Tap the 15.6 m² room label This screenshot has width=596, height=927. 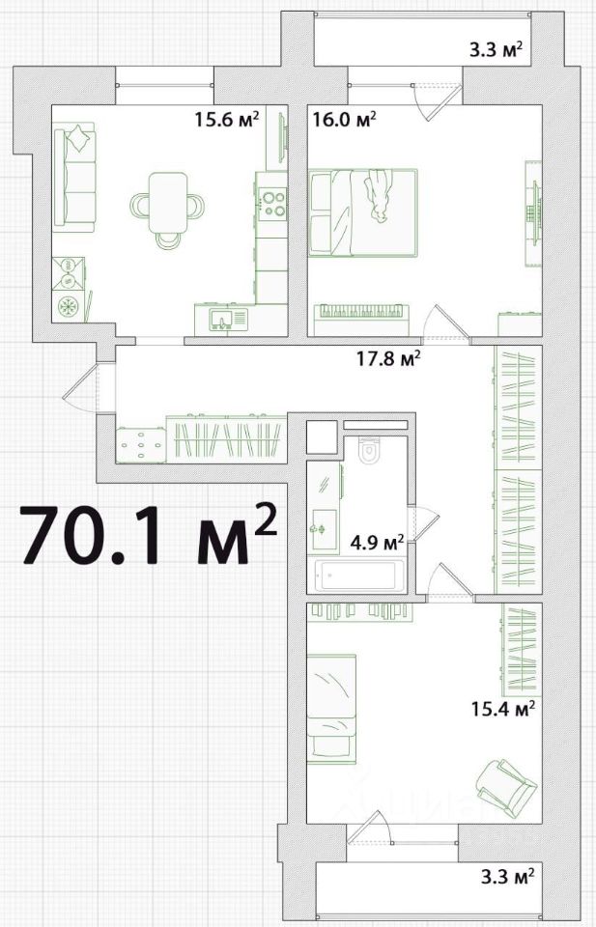[x=227, y=120]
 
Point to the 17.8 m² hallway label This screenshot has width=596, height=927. [x=388, y=358]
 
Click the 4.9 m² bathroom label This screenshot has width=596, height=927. [x=377, y=541]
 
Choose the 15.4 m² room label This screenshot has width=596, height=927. [x=504, y=708]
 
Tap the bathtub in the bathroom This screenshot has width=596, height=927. [x=357, y=576]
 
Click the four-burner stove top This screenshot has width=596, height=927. [x=272, y=203]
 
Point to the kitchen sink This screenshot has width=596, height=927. [x=223, y=320]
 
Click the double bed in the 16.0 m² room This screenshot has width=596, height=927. [x=363, y=212]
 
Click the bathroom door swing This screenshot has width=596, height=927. [x=425, y=522]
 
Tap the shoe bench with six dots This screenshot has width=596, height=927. [x=141, y=445]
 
